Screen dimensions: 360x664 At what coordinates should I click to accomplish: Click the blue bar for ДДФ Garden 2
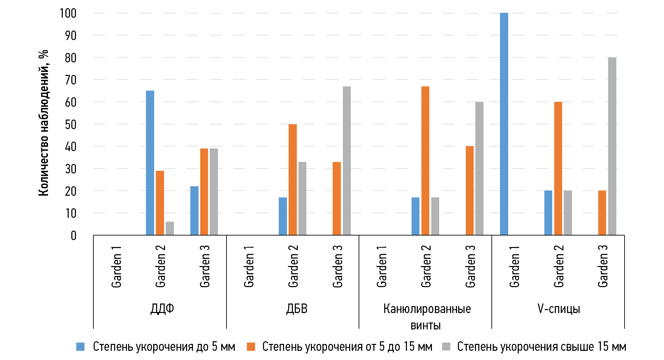tap(150, 163)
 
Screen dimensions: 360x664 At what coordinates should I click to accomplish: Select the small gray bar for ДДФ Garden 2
tap(170, 229)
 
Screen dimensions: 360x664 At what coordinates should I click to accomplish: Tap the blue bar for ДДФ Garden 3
tap(194, 211)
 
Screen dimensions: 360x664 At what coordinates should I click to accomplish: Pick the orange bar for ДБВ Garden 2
tap(293, 179)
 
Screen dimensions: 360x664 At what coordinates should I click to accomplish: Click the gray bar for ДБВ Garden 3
tap(346, 161)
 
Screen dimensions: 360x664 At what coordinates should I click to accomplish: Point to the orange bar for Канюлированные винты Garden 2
tap(425, 161)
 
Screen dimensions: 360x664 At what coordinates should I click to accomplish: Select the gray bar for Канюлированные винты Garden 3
tap(479, 168)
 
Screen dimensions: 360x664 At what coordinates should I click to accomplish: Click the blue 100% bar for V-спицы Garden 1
tap(504, 124)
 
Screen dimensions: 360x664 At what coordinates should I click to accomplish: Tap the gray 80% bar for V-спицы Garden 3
tap(612, 146)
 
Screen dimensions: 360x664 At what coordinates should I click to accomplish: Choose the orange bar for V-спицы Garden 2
tap(558, 168)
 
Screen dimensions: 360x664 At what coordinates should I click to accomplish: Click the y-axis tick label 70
tap(71, 80)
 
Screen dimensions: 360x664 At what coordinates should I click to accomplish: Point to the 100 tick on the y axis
tap(68, 13)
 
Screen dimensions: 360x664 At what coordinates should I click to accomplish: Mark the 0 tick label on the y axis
tap(73, 236)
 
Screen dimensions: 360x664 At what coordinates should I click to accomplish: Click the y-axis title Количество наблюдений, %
tap(43, 123)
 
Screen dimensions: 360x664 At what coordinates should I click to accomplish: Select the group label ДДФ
tap(162, 309)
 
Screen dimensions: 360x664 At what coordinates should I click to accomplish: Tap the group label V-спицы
tap(558, 309)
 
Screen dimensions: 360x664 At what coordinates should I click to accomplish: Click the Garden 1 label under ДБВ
tap(249, 266)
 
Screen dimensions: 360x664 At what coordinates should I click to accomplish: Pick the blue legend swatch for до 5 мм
tap(81, 347)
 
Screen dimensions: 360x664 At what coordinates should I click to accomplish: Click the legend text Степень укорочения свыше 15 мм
tap(541, 347)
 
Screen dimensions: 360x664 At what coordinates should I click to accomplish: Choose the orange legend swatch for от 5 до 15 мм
tap(251, 347)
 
